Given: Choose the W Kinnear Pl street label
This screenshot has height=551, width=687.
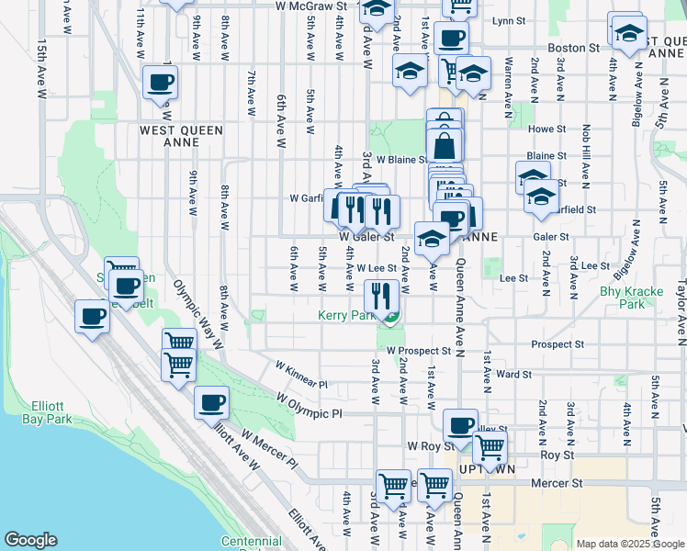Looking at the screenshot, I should [x=300, y=374].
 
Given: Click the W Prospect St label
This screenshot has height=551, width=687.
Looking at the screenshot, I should [x=419, y=351].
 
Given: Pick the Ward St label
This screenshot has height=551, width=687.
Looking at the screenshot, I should [x=513, y=374].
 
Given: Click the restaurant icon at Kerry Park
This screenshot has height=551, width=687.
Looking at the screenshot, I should [x=381, y=296].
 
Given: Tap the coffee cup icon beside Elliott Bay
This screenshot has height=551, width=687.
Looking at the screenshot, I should [x=92, y=317].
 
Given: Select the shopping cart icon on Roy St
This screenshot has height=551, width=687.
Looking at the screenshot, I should [x=490, y=448].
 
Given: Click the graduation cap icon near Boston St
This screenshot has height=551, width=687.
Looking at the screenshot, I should [x=628, y=32].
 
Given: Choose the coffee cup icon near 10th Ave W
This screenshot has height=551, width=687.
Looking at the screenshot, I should [x=160, y=82].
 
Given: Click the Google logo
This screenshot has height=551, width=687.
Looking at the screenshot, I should [x=31, y=541].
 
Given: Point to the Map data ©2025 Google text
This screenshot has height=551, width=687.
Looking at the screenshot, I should [x=630, y=544].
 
